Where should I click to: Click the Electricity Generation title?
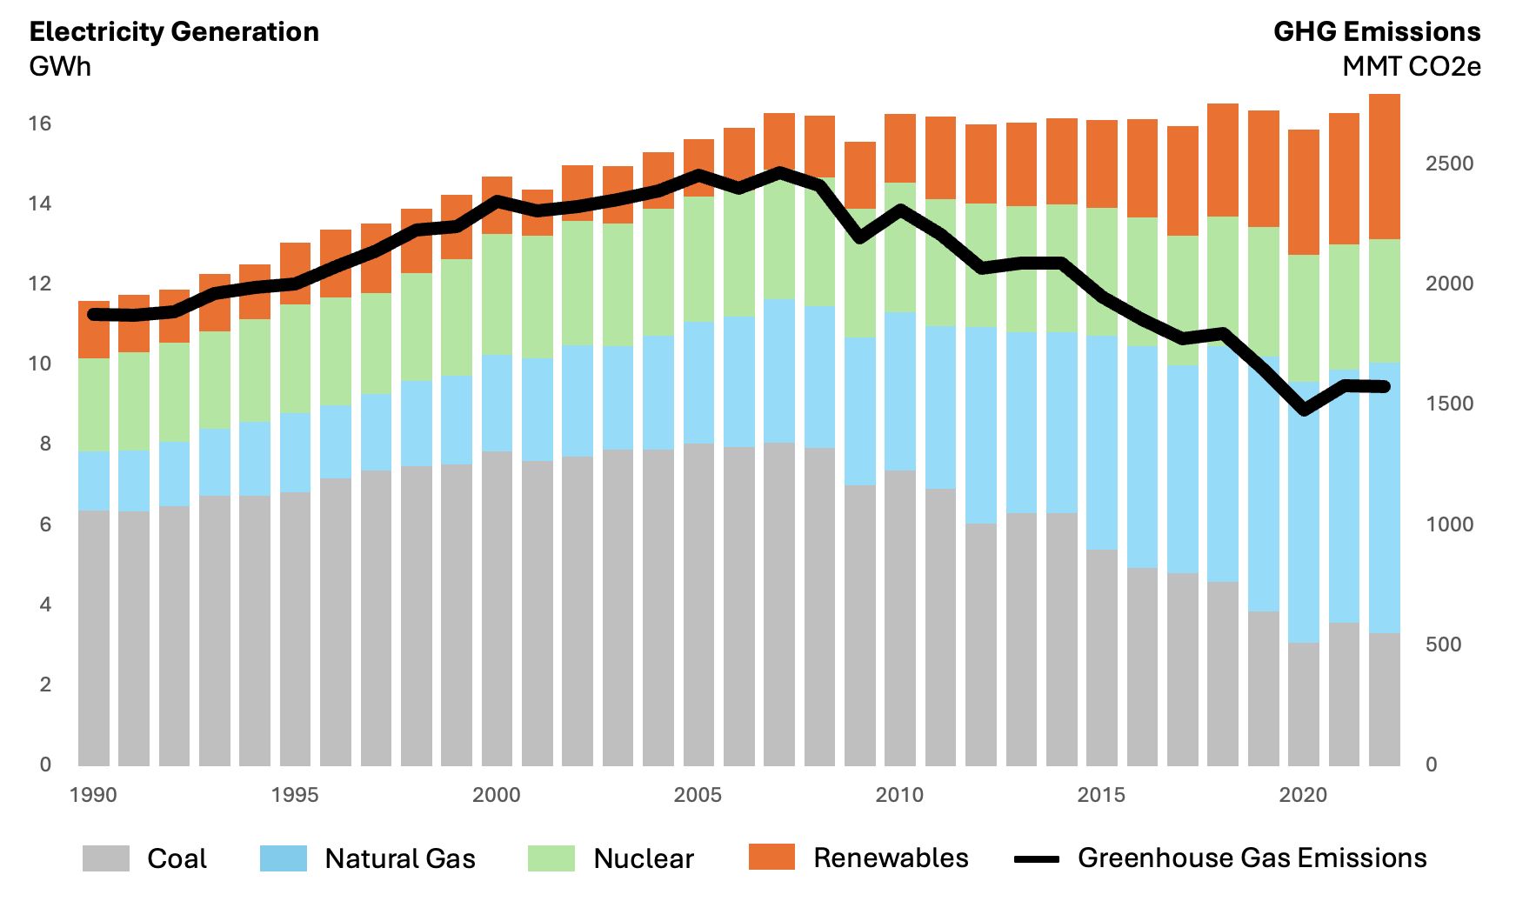tap(174, 31)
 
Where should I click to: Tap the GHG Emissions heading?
tap(1377, 31)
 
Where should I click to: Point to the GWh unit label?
tap(60, 66)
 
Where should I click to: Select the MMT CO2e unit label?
tap(1412, 66)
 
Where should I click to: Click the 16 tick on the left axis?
tap(40, 124)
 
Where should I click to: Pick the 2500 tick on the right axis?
tap(1449, 164)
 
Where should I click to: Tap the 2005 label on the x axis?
tap(698, 794)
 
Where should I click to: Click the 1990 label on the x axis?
tap(93, 794)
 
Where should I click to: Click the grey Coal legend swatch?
tap(106, 858)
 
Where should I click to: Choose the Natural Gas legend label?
tap(400, 858)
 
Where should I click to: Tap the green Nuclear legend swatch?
tap(551, 858)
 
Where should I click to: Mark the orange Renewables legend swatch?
tap(771, 857)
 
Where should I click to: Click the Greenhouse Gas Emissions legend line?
tap(1037, 858)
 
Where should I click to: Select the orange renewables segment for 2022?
tap(1385, 166)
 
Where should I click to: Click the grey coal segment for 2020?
tap(1304, 704)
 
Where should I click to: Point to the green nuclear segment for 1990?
tap(94, 405)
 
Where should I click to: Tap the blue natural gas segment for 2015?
tap(1102, 443)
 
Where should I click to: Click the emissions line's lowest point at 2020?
tap(1304, 411)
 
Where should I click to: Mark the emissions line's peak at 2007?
tap(779, 172)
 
